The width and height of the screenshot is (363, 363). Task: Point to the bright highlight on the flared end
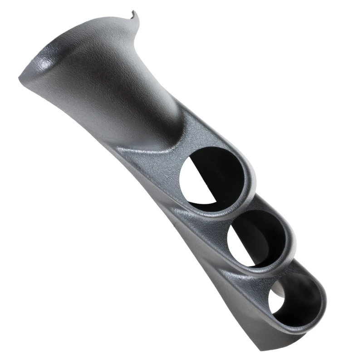pos(43,66)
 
